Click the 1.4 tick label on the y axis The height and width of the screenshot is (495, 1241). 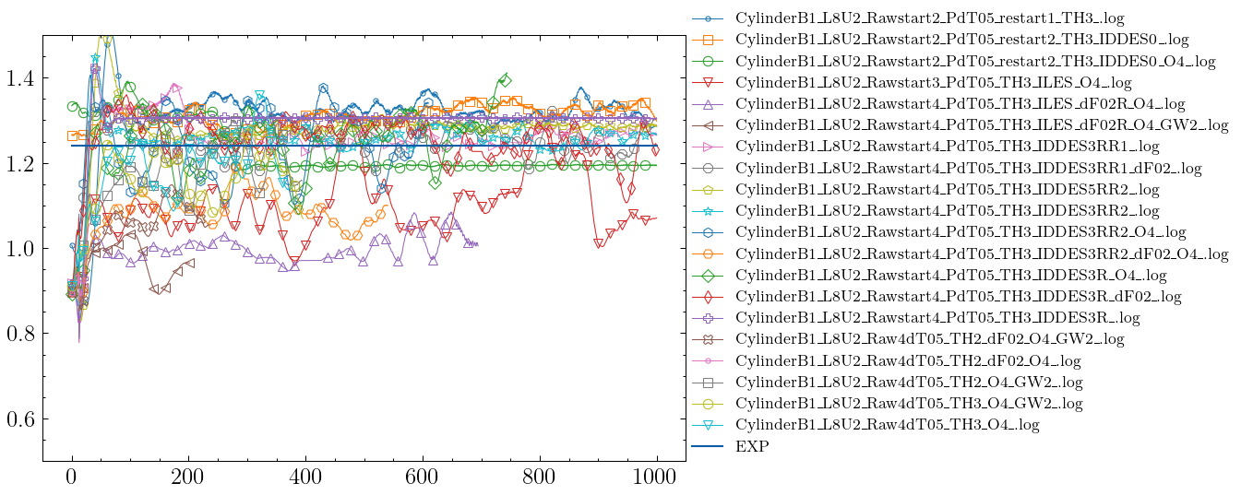coord(19,78)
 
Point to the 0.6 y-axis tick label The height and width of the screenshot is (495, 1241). coord(19,418)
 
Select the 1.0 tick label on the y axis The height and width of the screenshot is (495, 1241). coord(19,249)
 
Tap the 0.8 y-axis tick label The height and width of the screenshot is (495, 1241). coord(19,334)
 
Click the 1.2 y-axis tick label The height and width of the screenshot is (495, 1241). coord(19,164)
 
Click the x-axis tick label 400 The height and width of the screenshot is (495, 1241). coord(305,478)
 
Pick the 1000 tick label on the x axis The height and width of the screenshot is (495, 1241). coord(656,478)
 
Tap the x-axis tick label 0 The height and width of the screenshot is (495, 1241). coord(72,478)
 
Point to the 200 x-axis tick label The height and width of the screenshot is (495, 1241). coord(188,478)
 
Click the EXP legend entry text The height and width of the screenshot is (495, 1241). coord(751,447)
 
